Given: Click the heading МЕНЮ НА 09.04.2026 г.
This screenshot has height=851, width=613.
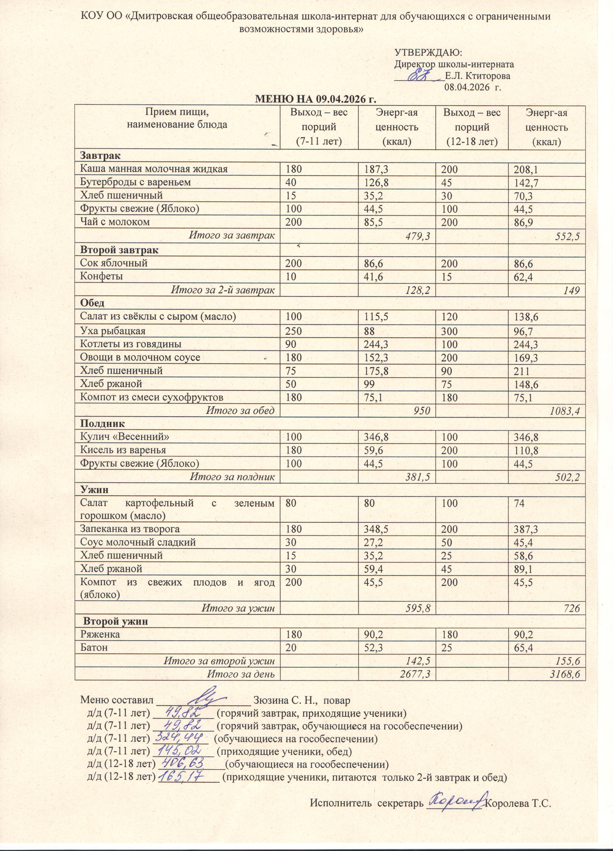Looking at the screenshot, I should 315,99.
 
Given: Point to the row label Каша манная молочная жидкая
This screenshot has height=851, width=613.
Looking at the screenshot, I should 154,169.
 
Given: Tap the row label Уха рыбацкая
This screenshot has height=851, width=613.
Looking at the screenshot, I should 113,331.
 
